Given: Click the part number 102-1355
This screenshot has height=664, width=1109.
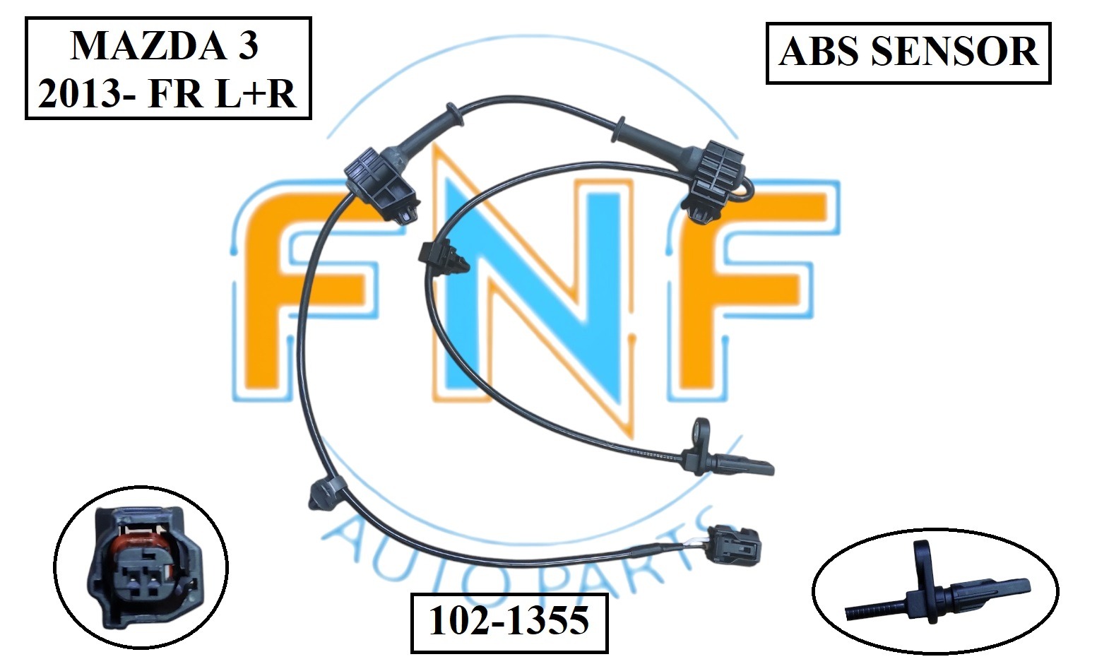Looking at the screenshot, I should tap(509, 621).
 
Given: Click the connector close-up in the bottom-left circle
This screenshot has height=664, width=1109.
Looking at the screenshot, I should tap(141, 569).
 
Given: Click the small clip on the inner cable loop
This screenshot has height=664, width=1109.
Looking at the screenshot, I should tap(444, 258).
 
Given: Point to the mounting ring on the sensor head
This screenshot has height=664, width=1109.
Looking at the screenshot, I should tap(701, 429).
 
